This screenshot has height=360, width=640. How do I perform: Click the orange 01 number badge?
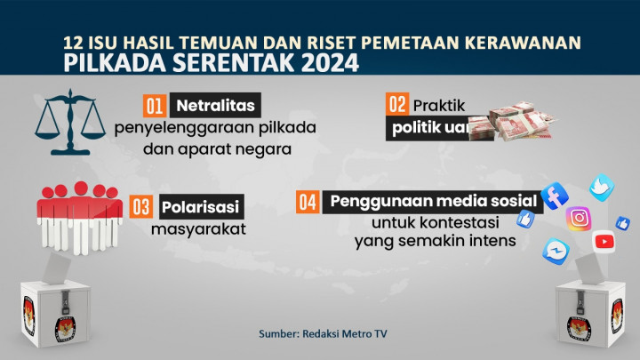point(154,107)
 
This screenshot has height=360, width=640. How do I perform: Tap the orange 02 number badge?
point(396,103)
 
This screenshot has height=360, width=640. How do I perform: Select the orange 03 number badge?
point(140,206)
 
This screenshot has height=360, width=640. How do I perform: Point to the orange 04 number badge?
point(308,202)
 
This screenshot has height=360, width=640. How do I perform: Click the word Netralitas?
point(213,107)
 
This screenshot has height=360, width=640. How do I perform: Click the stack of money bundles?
point(520,123)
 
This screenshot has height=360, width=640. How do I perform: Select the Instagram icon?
point(580,218)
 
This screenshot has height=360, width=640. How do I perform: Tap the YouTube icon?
point(604,240)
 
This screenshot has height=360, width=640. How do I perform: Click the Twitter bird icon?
point(603,187)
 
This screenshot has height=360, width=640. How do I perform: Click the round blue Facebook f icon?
point(554,196)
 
